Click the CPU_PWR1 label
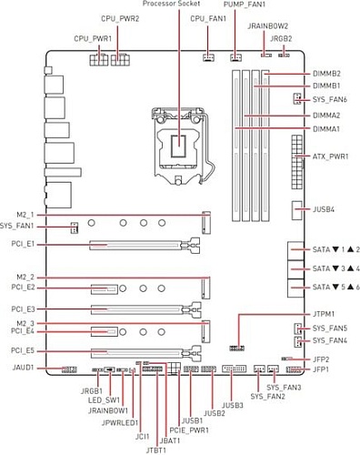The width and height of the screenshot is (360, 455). pyautogui.click(x=93, y=39)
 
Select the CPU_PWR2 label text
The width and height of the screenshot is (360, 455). pyautogui.click(x=120, y=17)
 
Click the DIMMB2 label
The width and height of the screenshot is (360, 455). pyautogui.click(x=326, y=73)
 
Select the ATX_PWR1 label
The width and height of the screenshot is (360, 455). pyautogui.click(x=325, y=157)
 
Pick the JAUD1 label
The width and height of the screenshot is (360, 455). pyautogui.click(x=24, y=369)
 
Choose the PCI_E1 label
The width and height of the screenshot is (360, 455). pyautogui.click(x=24, y=244)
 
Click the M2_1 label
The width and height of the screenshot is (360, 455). pyautogui.click(x=25, y=213)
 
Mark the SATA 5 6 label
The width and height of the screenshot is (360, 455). pyautogui.click(x=325, y=287)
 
